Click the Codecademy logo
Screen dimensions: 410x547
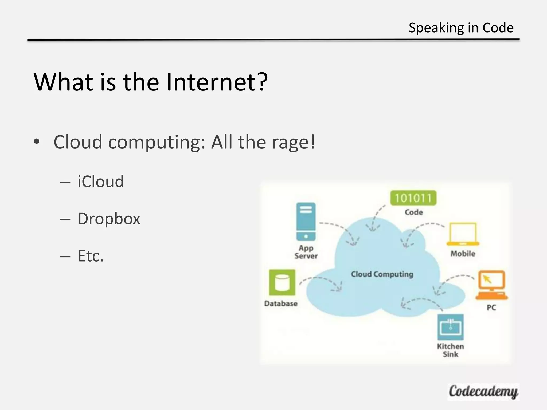click(483, 392)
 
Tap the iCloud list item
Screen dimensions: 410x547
click(101, 182)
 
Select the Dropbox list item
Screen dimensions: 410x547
click(109, 219)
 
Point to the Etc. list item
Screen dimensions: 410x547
click(91, 256)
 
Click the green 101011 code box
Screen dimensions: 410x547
click(413, 198)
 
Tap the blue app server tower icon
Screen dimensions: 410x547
click(306, 222)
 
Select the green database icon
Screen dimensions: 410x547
click(282, 282)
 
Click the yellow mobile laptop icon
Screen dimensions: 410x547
click(463, 234)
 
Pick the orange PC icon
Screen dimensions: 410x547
click(491, 285)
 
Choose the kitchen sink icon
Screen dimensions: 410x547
click(451, 327)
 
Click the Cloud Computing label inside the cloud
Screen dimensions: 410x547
click(382, 274)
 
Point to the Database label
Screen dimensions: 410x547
click(281, 303)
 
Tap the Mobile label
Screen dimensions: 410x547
click(463, 254)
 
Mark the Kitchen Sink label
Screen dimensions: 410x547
click(451, 350)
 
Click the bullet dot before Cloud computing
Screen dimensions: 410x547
click(37, 141)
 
